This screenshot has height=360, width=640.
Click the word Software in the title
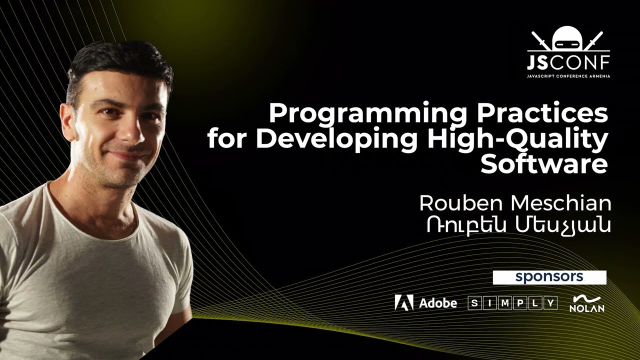(x=544, y=164)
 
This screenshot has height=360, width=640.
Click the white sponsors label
(x=549, y=277)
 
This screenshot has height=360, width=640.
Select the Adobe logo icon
(x=404, y=302)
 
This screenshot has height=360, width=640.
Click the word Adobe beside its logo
(x=437, y=303)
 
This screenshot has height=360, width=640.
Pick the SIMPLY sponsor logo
(x=512, y=303)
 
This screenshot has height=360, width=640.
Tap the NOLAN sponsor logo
(x=587, y=303)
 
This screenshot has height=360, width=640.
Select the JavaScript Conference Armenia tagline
(x=568, y=76)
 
